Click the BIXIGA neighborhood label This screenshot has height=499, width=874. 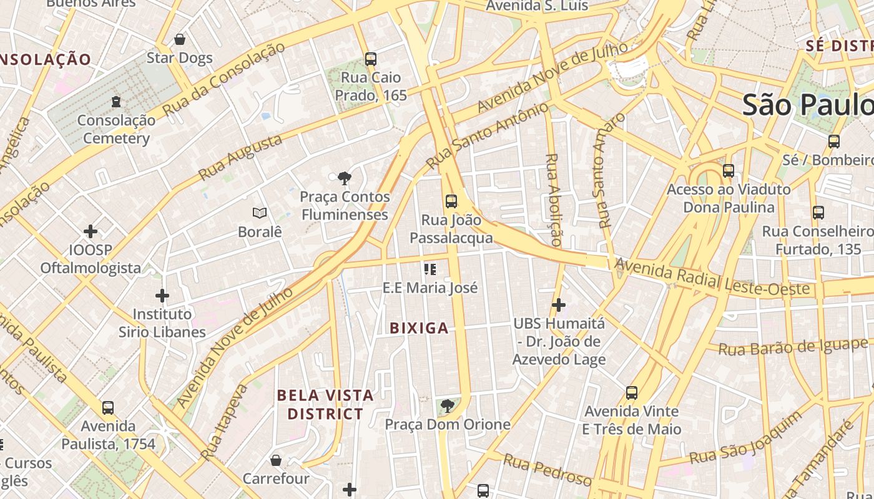(419, 328)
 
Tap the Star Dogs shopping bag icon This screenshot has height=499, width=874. (180, 40)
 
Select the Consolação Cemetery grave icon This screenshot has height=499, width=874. (115, 101)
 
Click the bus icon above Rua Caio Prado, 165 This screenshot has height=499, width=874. (371, 59)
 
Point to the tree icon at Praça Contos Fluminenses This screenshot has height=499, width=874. (344, 179)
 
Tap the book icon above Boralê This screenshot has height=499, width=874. (260, 213)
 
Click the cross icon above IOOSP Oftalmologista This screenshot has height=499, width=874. (91, 231)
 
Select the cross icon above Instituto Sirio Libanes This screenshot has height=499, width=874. (162, 295)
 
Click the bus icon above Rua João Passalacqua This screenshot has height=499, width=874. (451, 201)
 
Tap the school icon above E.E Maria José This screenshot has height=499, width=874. (430, 269)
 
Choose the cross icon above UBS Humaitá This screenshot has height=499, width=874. (559, 305)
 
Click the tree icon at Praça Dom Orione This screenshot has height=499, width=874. (447, 407)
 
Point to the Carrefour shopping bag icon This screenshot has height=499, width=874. (276, 460)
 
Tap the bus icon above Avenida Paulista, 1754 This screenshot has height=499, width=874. (108, 408)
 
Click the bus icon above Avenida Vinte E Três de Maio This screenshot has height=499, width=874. (632, 393)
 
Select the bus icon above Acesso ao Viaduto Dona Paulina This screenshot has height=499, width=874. (728, 171)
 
